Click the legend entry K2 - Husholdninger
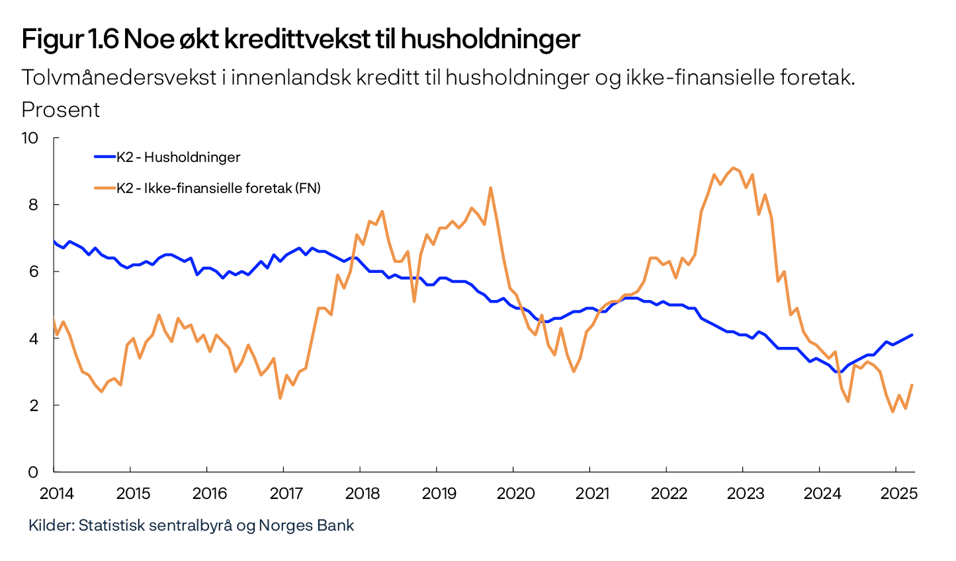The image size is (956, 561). (178, 157)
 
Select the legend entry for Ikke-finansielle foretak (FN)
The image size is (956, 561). (218, 188)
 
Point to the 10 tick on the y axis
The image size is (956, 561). (30, 138)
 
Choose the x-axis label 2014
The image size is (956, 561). (57, 494)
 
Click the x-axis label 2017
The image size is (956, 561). (286, 494)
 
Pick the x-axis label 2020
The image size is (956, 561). (516, 494)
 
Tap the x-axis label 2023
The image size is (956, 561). (746, 494)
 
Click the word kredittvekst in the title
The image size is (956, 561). (296, 40)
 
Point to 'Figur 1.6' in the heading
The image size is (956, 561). (69, 40)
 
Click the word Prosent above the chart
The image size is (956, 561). (61, 110)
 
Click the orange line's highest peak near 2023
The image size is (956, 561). (733, 168)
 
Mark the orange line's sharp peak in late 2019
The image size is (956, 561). (490, 188)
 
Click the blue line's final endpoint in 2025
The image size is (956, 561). (912, 335)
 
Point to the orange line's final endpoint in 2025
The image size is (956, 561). (912, 385)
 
